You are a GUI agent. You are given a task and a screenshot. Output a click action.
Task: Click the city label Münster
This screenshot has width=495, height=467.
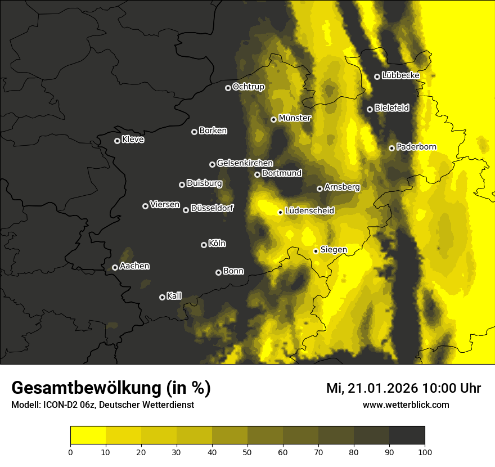pos(295,118)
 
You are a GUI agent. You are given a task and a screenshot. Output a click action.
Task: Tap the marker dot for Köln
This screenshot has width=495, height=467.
pos(204,245)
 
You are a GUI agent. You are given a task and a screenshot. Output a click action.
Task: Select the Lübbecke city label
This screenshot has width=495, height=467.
pos(400,75)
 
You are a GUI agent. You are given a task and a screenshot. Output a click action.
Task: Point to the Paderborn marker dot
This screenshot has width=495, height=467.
pos(391,148)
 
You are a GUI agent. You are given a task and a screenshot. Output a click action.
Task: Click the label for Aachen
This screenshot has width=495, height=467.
pos(134,266)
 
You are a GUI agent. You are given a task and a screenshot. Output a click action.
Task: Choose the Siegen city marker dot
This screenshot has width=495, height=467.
pos(316,251)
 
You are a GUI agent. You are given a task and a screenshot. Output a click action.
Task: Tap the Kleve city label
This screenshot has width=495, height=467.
pos(133,140)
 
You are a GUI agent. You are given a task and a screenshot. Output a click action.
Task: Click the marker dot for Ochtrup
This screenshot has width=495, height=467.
pos(228,88)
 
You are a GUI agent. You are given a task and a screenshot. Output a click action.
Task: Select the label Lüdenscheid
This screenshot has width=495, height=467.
pos(309,211)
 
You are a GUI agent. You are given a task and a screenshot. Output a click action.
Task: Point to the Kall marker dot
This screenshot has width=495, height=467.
pos(162,297)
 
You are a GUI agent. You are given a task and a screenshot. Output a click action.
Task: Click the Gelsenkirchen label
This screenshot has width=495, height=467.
pos(245,163)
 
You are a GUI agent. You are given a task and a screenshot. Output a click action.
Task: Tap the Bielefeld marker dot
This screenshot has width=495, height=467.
pos(370,109)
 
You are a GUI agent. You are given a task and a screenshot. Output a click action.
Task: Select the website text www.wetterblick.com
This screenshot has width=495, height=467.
pos(406,405)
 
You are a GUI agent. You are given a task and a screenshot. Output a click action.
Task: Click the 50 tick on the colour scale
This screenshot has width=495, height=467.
pos(247,451)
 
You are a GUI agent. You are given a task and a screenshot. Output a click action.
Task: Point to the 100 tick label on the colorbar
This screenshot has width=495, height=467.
pos(425,451)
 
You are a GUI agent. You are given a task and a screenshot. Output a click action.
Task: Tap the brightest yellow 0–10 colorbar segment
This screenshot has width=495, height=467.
pos(88,435)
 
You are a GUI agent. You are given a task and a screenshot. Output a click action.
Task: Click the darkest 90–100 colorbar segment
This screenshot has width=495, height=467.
pos(407,435)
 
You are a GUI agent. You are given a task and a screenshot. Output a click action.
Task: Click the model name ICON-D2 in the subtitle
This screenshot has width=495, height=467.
pos(58,405)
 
